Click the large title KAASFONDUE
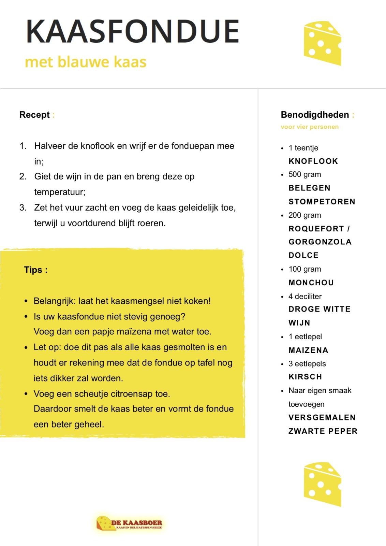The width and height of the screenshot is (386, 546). tap(132, 31)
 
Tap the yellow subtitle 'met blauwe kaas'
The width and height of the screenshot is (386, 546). tap(86, 62)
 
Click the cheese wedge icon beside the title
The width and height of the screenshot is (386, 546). tap(322, 43)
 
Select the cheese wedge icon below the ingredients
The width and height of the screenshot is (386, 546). tap(322, 484)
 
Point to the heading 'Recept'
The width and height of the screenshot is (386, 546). tap(34, 115)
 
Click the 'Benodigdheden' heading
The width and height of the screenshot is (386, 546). tap(314, 115)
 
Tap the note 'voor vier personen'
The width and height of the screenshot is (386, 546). tap(310, 127)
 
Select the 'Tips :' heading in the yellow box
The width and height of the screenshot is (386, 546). tap(35, 270)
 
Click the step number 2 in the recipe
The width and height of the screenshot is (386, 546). tap(23, 177)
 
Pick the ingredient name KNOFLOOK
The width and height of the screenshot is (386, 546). tap(313, 161)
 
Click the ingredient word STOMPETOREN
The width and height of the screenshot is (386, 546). tap(322, 202)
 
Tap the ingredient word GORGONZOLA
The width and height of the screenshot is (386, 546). tap(320, 242)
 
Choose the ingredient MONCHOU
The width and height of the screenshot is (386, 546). tap(311, 283)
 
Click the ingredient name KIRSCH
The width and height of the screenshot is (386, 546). tap(305, 377)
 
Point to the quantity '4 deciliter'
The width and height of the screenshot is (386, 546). tap(305, 296)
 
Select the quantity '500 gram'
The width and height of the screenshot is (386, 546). tap(305, 174)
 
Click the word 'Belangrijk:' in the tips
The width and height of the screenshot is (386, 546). tap(55, 301)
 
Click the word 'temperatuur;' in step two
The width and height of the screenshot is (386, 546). tap(60, 192)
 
